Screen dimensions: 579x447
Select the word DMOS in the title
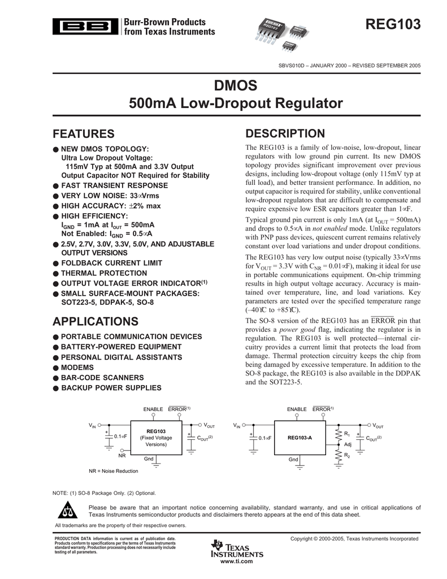click(236, 86)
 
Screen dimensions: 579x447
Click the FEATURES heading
click(84, 134)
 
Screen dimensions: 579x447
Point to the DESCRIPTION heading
click(285, 133)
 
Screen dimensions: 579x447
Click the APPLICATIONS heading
click(96, 322)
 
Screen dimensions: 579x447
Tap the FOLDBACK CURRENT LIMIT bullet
click(111, 263)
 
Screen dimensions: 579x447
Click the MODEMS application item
click(79, 367)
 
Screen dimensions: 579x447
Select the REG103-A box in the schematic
click(300, 438)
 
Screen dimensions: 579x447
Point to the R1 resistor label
click(347, 434)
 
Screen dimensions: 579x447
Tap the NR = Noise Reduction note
click(113, 471)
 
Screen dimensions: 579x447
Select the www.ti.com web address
click(236, 561)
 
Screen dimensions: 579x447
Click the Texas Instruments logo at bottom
click(236, 549)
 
